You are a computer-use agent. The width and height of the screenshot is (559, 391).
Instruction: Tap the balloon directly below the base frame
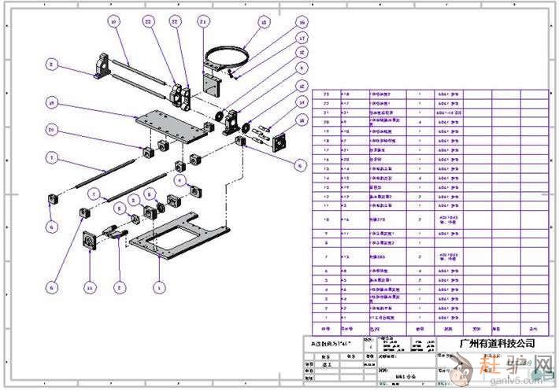point(160,288)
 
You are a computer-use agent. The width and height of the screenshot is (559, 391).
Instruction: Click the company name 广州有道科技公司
point(496,344)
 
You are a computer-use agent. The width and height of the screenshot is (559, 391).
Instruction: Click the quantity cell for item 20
point(420,122)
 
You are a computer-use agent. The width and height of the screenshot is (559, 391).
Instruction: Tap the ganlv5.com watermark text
point(511,381)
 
